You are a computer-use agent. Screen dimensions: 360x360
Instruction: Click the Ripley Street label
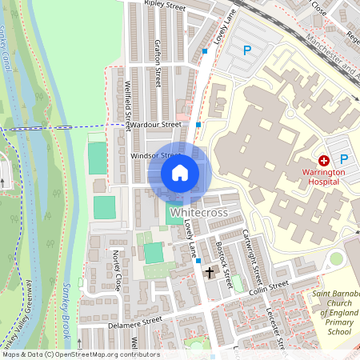165,5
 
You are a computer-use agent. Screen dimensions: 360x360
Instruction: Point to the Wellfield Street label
128,104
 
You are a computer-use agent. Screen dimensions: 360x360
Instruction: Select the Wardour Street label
158,125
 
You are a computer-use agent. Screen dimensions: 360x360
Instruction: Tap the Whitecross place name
199,213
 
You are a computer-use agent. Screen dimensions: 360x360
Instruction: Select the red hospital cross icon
324,161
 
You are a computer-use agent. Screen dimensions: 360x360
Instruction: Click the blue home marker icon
180,172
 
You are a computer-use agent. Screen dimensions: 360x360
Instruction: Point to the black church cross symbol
210,273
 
